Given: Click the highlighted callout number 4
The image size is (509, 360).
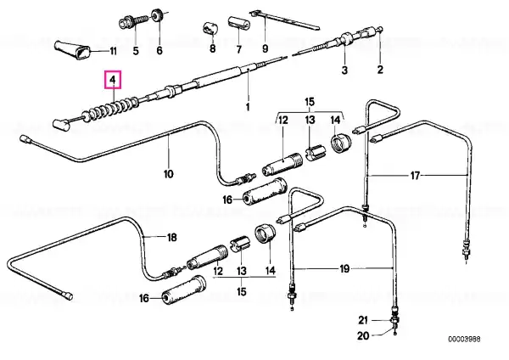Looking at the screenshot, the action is (x=112, y=79).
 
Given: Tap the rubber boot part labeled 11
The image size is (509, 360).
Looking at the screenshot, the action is (x=73, y=50).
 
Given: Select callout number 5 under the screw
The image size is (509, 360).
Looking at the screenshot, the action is (x=136, y=51).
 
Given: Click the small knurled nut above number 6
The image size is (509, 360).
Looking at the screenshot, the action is (x=158, y=15).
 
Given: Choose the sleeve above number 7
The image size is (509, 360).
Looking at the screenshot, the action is (x=238, y=23).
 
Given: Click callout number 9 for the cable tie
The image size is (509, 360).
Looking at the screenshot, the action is (x=266, y=48).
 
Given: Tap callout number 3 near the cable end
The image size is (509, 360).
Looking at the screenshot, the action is (x=344, y=70).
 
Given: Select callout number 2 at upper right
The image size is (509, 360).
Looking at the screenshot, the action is (x=380, y=70).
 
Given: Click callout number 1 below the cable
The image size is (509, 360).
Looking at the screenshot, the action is (x=248, y=106).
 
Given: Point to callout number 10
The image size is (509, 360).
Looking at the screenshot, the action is (x=168, y=174).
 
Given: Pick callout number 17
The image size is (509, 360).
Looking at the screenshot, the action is (x=415, y=176).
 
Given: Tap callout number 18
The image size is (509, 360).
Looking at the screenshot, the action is (x=171, y=237).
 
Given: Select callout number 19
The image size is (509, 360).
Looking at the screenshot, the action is (x=344, y=268).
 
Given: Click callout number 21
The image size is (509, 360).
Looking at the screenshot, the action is (x=363, y=320).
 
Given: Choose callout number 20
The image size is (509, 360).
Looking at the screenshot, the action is (x=363, y=335).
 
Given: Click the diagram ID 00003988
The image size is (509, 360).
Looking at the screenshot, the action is (x=464, y=340).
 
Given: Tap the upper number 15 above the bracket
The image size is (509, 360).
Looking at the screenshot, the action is (x=310, y=101).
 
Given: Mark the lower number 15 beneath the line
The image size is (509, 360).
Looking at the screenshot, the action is (x=242, y=291).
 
